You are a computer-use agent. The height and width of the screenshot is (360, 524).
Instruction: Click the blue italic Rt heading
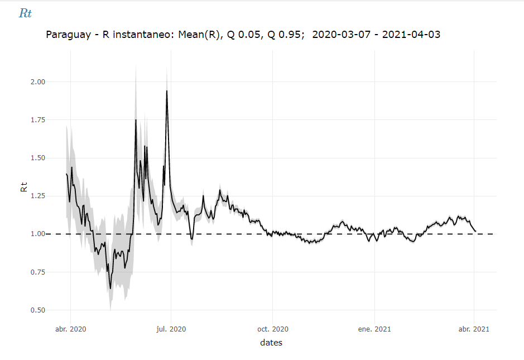(25, 14)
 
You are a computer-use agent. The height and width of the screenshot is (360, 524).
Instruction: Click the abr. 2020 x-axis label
(71, 329)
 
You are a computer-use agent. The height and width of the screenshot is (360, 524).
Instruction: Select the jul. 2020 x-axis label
(170, 329)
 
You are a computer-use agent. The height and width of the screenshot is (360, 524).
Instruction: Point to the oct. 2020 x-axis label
(272, 329)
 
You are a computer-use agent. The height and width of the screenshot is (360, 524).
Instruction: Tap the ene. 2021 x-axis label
(374, 329)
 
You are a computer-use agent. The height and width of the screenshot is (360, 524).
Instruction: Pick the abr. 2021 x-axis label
(474, 329)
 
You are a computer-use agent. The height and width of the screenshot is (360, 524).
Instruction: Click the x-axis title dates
(271, 343)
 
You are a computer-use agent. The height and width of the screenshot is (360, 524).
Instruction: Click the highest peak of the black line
(167, 91)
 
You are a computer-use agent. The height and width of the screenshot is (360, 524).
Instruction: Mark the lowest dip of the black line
(110, 288)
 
